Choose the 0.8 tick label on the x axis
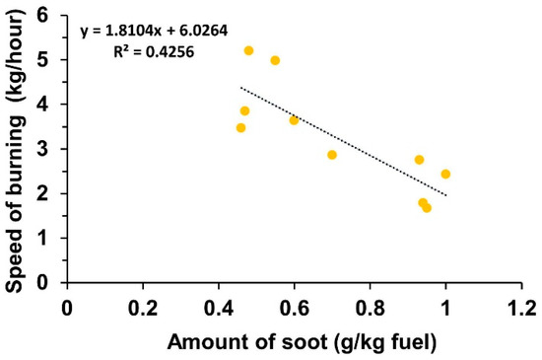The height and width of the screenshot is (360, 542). tap(370, 307)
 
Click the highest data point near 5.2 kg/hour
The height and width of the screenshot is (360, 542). tap(248, 50)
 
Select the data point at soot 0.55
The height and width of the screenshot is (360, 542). tap(275, 60)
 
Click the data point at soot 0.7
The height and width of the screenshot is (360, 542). tap(332, 155)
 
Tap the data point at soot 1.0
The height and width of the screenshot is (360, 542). tap(445, 174)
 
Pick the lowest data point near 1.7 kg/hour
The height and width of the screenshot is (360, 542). tap(427, 207)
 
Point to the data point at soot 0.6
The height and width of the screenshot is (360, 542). tap(294, 120)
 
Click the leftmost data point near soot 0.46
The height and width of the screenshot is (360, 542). tap(240, 127)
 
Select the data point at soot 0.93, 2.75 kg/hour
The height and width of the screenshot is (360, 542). tap(419, 160)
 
